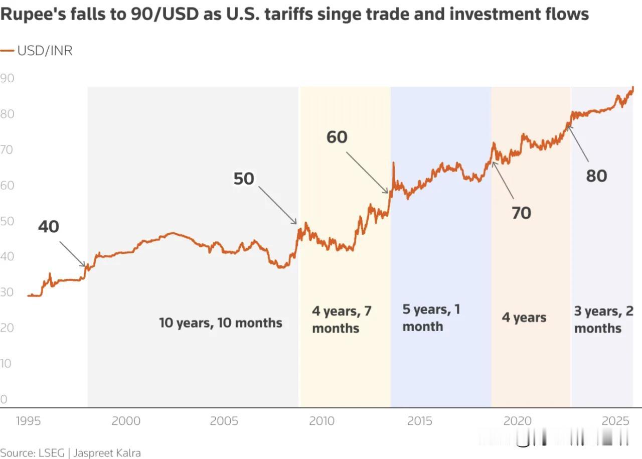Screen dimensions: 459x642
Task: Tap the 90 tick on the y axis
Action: coord(7,78)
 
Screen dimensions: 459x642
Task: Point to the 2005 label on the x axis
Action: coord(224,420)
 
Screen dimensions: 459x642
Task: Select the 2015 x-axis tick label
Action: coord(419,420)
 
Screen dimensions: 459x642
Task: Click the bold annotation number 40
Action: coord(49,227)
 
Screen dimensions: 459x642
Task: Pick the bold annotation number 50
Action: coord(244,179)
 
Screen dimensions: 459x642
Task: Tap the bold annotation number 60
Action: coord(337,137)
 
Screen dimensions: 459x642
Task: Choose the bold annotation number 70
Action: coord(521,213)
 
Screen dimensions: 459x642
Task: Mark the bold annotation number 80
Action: coord(596,176)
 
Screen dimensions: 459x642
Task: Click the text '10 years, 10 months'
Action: coord(221,323)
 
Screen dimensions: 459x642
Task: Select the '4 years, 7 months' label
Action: coord(342,320)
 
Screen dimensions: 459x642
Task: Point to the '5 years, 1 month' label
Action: coord(431,318)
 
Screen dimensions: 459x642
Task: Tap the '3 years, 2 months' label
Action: coord(603,320)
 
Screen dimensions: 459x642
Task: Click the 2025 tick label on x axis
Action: coord(616,420)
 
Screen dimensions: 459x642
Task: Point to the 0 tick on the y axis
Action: coord(4,399)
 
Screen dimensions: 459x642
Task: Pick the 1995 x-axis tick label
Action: coord(28,420)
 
